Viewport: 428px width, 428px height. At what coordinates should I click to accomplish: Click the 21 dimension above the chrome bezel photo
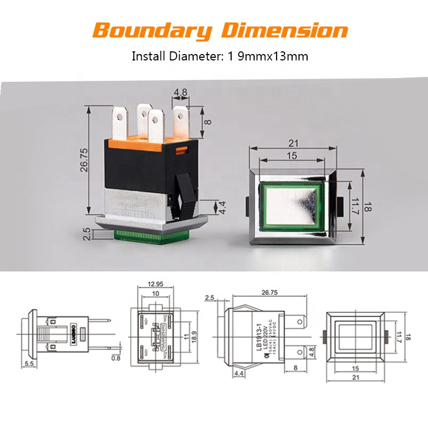click(x=293, y=143)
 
